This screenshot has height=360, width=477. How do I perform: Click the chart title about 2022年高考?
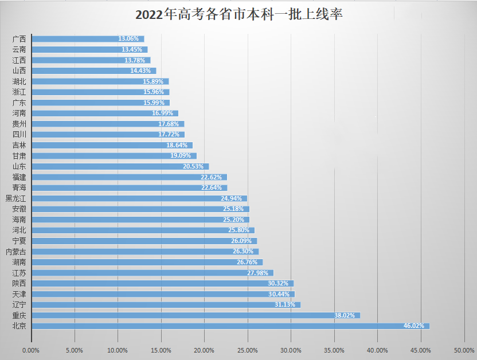[238, 14]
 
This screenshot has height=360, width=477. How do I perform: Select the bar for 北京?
[229, 326]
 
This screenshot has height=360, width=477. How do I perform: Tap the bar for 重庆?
[195, 315]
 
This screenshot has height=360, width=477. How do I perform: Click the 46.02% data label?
[415, 326]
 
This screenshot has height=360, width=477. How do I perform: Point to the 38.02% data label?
[345, 315]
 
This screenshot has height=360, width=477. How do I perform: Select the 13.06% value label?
[129, 39]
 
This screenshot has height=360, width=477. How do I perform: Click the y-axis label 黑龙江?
[16, 198]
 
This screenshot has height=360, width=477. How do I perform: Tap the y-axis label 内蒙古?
[16, 252]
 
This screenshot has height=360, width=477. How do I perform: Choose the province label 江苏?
[19, 273]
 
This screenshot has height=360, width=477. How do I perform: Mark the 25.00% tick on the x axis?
[247, 350]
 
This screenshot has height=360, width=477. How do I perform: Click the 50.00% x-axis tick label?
[464, 350]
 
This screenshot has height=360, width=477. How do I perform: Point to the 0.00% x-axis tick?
[31, 350]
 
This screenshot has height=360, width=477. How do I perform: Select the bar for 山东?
[120, 166]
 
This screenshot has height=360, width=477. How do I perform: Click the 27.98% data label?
[259, 273]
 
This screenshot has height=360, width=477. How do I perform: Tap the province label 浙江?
[19, 92]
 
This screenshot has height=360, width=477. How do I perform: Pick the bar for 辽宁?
[166, 304]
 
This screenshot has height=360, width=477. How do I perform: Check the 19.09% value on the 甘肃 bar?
[181, 156]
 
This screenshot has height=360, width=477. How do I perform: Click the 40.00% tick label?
[377, 350]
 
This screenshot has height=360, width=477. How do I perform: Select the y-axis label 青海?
[19, 187]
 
